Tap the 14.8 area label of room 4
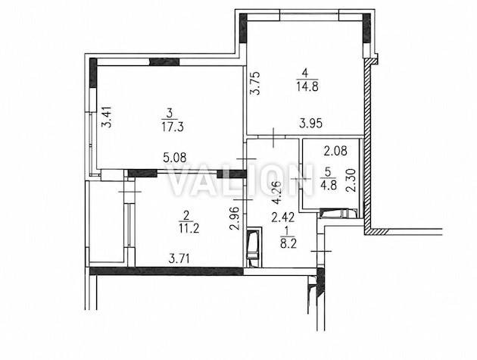tap(307, 87)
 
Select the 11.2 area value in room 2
tap(189, 228)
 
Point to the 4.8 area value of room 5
tap(329, 186)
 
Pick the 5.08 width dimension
tap(175, 158)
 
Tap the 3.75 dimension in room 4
tap(254, 83)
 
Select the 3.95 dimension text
tap(310, 124)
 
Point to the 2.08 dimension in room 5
tap(335, 151)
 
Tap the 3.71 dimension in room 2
tap(179, 259)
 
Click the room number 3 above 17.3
tap(170, 114)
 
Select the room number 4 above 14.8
tap(305, 73)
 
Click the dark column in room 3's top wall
tap(164, 61)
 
